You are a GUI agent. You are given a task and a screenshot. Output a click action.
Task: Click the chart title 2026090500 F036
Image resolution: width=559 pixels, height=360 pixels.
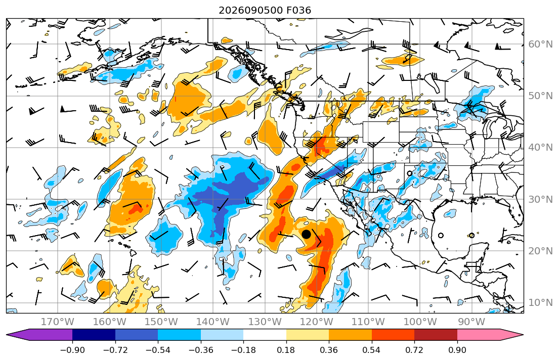265,10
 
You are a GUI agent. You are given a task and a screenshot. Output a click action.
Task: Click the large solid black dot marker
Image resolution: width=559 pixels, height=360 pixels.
306,234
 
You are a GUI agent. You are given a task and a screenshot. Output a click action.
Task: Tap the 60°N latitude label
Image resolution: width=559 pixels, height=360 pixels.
540,44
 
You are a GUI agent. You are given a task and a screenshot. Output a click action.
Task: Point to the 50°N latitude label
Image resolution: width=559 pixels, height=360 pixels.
540,96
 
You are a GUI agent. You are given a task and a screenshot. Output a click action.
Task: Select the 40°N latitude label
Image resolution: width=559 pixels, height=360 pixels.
540,148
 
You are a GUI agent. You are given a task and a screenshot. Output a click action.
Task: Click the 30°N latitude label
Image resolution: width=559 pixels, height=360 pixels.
540,199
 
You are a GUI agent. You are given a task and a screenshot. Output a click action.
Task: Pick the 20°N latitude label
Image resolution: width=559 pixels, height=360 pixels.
540,251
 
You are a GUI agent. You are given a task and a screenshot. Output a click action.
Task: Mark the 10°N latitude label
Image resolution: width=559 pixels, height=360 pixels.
540,303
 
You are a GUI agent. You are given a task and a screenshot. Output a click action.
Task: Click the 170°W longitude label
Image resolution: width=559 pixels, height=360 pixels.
58,322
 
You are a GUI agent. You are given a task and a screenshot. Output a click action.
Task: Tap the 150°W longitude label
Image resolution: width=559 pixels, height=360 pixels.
161,322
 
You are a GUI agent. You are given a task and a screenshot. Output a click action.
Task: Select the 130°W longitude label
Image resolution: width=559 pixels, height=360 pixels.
265,322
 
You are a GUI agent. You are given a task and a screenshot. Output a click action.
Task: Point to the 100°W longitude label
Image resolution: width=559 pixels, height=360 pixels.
420,322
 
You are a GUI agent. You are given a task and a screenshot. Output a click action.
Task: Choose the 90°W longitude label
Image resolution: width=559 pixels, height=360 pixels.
471,322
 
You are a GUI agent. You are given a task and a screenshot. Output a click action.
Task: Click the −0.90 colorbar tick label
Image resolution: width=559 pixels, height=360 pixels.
72,350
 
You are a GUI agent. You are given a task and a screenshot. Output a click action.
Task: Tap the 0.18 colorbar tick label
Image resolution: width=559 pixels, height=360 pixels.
286,350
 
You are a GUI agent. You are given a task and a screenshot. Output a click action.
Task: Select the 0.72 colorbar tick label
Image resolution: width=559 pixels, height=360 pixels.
414,350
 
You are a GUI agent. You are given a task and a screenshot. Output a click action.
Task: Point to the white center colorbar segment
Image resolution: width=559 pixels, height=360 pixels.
265,335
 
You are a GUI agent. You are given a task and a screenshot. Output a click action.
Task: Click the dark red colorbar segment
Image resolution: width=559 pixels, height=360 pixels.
436,335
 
